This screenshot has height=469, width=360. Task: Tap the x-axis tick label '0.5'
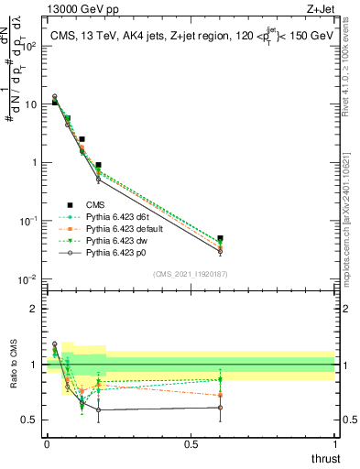tap(191, 443)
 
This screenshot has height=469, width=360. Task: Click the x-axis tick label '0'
tap(47, 443)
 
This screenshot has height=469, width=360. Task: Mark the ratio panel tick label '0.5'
tap(31, 420)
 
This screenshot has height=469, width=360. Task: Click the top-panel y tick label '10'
tap(31, 104)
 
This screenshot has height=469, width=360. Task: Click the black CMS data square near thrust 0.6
tap(220, 238)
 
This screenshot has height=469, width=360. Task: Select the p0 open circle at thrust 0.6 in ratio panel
tap(220, 408)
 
